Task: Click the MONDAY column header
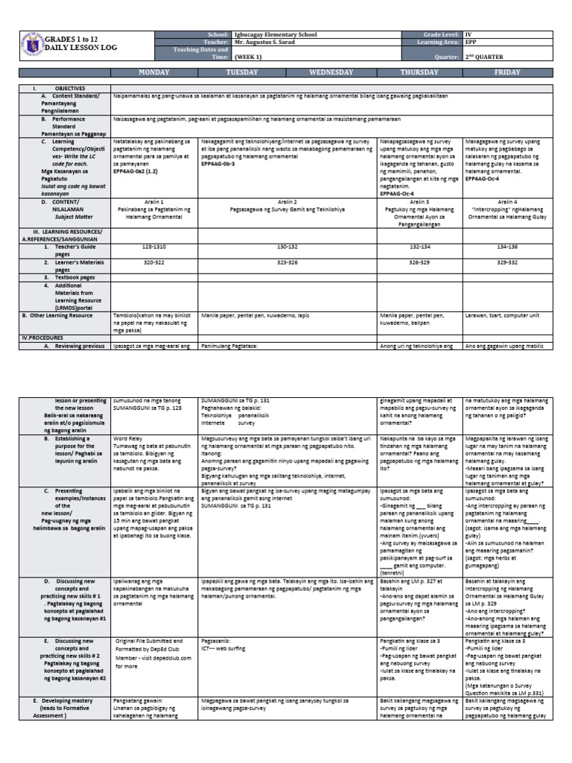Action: point(154,72)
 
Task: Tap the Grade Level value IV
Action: point(468,35)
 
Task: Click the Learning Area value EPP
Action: point(469,42)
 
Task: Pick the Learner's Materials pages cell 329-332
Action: point(508,263)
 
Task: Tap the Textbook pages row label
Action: point(73,276)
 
